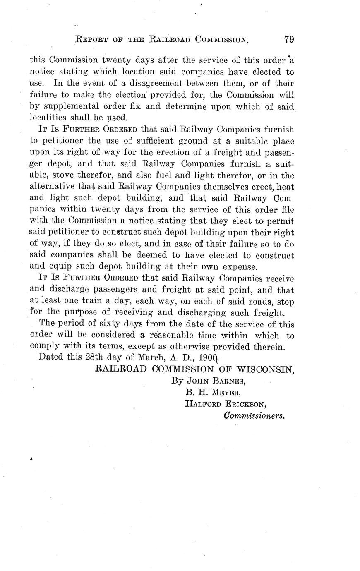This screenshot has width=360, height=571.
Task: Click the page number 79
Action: click(x=288, y=40)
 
